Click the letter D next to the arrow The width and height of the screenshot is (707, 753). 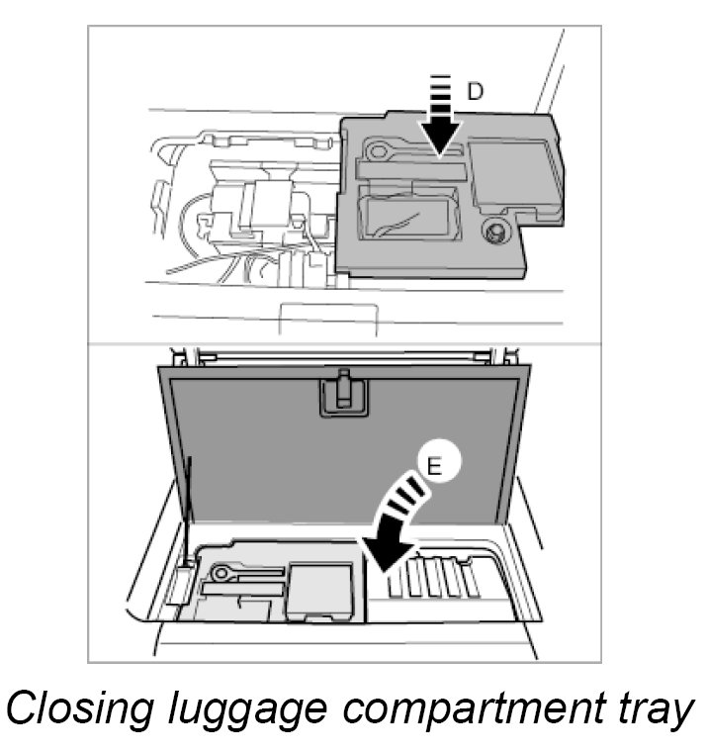(x=475, y=92)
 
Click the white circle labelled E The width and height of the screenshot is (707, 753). (x=432, y=466)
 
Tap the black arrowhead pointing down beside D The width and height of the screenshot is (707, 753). (x=440, y=133)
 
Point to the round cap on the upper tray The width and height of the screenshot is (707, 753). (x=492, y=233)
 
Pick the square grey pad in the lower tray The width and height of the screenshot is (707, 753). (x=318, y=592)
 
